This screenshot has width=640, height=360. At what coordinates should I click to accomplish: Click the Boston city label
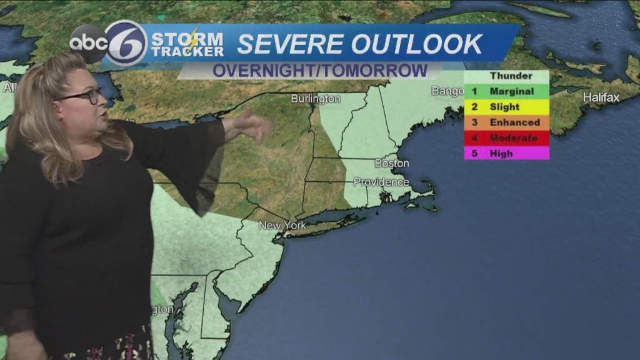391,163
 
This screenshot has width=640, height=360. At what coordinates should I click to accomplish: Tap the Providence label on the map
381,182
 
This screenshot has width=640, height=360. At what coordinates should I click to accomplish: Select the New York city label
282,225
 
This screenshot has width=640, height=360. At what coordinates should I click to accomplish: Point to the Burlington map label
316,99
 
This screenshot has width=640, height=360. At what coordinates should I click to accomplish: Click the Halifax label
601,97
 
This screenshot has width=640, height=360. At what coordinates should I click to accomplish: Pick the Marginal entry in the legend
506,91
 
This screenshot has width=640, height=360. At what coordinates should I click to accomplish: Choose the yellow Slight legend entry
506,107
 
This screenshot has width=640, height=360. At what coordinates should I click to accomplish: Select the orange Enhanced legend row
506,122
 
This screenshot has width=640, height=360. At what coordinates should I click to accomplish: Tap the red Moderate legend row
506,137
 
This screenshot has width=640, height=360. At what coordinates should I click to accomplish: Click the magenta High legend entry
506,152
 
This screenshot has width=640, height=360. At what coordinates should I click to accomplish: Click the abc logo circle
87,44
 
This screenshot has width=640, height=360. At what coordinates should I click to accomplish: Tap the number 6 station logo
126,43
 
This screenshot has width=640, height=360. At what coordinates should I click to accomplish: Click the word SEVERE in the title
289,44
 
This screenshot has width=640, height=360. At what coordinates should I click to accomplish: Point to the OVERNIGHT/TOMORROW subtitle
319,70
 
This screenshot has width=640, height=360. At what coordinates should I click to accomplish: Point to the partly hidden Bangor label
447,91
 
